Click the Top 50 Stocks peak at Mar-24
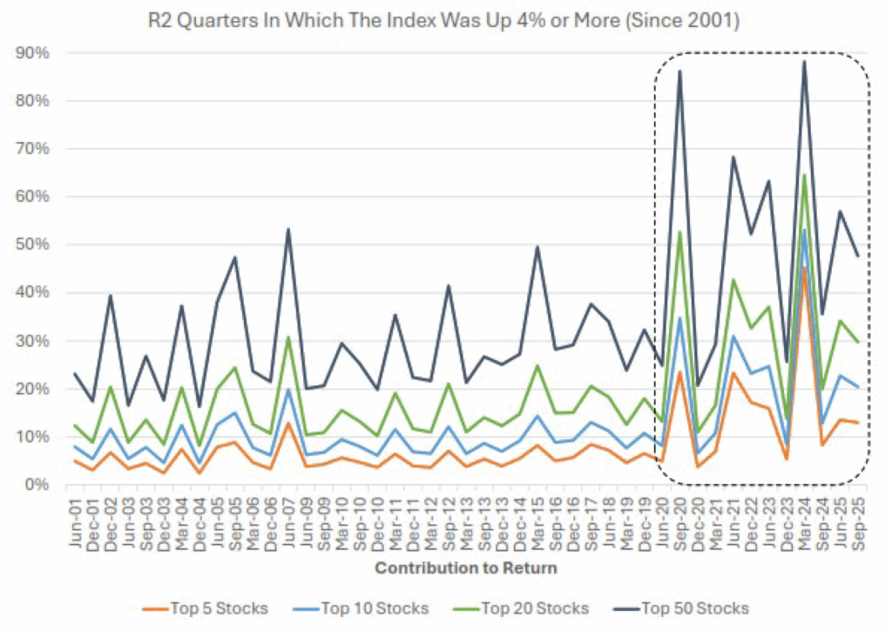(x=804, y=61)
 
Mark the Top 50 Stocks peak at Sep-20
(x=679, y=71)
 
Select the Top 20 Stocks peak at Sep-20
(x=679, y=232)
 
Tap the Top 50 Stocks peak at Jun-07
(x=288, y=229)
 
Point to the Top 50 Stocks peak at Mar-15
(x=537, y=247)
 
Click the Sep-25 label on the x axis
(x=858, y=519)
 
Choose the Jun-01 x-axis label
(x=75, y=519)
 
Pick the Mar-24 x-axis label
(x=804, y=519)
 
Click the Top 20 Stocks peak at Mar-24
(x=804, y=174)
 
